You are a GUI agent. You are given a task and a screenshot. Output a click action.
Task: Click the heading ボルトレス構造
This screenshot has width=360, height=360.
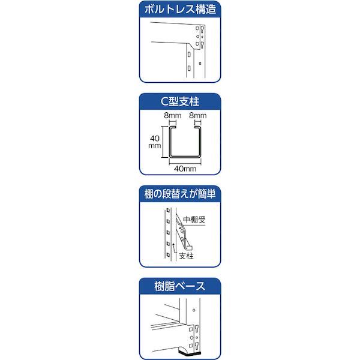coord(180,10)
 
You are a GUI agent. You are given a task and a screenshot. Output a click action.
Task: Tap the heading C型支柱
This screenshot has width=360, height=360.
coord(180,101)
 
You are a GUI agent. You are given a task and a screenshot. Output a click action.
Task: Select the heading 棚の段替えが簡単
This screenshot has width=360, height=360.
coord(180,194)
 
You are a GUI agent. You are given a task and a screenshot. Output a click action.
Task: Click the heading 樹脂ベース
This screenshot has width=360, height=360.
coord(180,286)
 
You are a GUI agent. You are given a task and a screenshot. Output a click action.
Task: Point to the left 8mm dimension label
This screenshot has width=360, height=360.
coord(173,115)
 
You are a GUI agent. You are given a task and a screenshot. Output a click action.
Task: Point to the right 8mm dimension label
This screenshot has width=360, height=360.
coord(197,115)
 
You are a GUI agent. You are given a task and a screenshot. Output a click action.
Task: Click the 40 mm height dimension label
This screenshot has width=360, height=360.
coord(155,142)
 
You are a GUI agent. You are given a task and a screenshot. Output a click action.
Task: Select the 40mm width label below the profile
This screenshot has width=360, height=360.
coord(185,169)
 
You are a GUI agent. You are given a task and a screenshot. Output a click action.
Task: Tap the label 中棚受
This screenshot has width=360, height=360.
coord(194,220)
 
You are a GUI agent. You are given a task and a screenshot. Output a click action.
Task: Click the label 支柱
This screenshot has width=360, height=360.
coord(186,256)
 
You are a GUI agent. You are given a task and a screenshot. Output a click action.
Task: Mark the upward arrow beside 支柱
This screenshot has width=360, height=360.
coord(174,247)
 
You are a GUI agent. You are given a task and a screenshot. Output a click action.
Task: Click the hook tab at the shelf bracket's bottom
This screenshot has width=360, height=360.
coord(189,248)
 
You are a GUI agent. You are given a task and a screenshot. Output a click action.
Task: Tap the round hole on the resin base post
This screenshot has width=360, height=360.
coord(194,310)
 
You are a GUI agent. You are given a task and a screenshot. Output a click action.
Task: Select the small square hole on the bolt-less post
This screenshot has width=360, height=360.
coord(200,63)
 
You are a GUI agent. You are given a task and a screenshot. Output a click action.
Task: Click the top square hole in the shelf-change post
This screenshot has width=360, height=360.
coord(168,211)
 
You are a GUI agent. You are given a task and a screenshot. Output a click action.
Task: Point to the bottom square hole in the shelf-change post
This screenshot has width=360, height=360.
coord(168,255)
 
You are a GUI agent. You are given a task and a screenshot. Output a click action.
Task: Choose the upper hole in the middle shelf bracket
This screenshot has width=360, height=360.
coord(182,230)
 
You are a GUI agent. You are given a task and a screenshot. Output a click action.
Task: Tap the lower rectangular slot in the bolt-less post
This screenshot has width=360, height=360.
coord(189,68)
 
